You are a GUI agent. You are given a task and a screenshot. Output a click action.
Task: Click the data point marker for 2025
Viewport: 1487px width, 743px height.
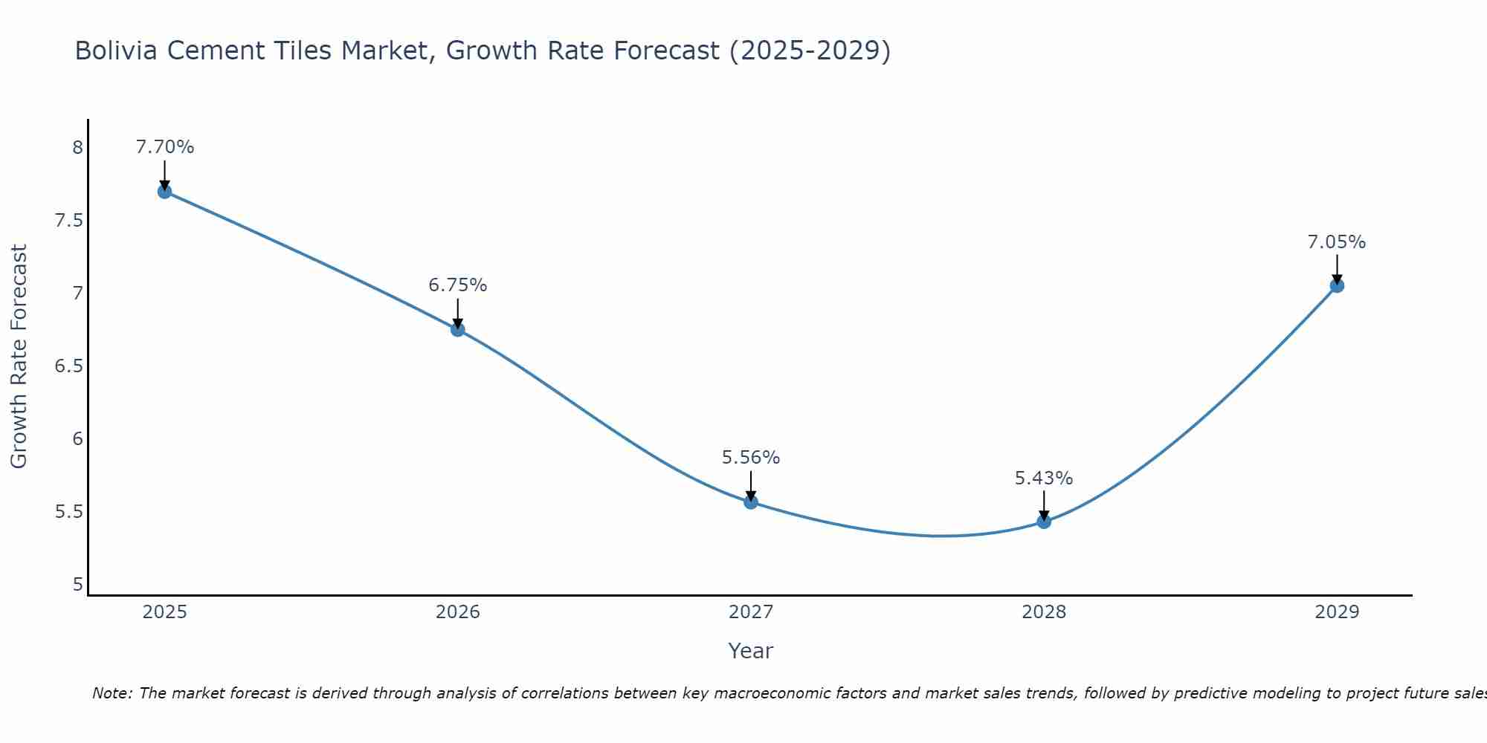164,192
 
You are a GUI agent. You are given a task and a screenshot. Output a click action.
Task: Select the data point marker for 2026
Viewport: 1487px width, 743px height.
457,330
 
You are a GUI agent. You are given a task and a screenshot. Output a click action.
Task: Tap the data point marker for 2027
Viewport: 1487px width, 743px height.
751,502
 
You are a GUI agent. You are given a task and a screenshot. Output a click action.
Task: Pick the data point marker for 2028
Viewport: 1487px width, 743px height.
1044,522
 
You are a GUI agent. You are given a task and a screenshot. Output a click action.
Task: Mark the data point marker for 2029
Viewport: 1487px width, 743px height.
1337,285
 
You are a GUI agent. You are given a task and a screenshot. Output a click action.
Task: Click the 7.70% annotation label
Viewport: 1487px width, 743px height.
164,147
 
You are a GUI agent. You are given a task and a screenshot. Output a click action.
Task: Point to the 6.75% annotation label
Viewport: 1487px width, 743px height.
457,285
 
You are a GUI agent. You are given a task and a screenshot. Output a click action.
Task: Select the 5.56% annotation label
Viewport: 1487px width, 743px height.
751,458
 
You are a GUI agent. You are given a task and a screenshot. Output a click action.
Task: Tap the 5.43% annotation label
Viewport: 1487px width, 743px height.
1044,478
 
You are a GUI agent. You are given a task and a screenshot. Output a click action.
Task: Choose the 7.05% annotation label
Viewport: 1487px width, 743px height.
1337,242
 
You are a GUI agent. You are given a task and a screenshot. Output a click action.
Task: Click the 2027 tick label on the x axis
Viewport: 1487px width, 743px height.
751,612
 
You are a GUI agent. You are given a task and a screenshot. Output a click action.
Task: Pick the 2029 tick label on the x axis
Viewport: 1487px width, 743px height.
1337,612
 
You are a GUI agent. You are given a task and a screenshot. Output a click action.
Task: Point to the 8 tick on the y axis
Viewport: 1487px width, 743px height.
77,148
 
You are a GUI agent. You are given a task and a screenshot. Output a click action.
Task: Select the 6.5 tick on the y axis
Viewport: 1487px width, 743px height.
69,366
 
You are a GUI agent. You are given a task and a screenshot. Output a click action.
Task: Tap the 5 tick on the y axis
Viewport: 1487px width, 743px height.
77,585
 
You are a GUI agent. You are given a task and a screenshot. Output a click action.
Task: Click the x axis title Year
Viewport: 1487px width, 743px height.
751,651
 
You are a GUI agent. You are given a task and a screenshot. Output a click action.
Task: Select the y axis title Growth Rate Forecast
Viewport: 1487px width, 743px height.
19,357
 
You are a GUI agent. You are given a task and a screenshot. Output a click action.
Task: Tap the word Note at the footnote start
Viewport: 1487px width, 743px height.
111,694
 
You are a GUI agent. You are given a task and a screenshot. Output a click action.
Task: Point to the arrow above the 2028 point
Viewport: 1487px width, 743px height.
1044,504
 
